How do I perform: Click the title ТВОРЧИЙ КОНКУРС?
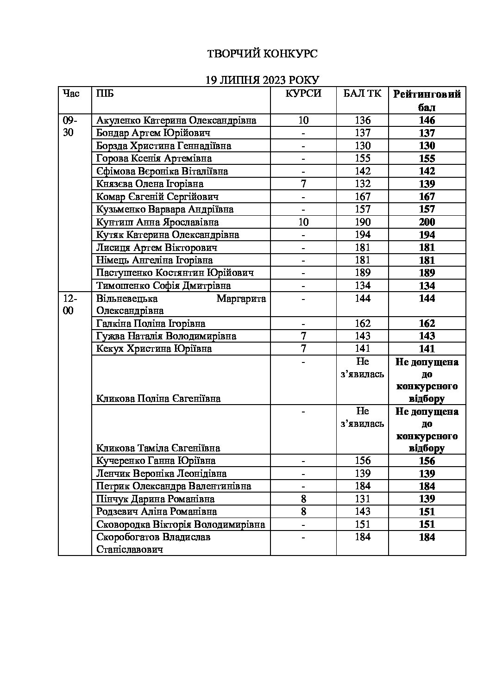(262, 54)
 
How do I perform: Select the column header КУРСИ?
(303, 94)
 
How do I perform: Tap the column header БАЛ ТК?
(363, 94)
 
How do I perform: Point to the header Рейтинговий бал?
(427, 100)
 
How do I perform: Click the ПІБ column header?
(105, 94)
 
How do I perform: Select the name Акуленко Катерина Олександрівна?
(176, 120)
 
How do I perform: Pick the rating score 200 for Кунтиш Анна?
(427, 222)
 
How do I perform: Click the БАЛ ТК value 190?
(363, 222)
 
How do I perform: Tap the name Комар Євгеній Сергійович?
(157, 197)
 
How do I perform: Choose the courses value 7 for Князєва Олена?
(303, 184)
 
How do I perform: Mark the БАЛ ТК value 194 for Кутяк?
(363, 235)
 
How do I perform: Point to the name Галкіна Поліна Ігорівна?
(151, 324)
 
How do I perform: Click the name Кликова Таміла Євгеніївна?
(158, 448)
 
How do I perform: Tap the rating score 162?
(427, 324)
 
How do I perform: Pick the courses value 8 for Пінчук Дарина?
(303, 499)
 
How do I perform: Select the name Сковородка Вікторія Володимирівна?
(181, 524)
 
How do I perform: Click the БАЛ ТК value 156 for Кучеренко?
(363, 461)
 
